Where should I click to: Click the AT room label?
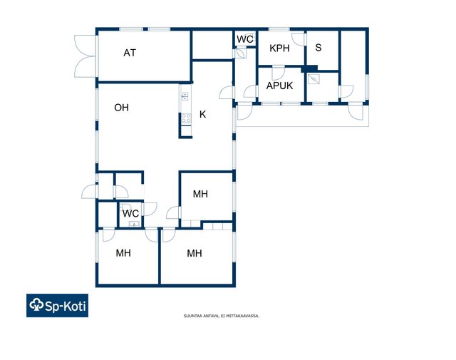click(x=130, y=53)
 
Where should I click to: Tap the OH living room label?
click(x=122, y=108)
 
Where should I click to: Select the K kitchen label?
click(x=202, y=114)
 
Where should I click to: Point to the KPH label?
click(x=279, y=48)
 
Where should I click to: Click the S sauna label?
click(x=318, y=48)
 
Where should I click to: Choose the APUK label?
click(x=279, y=86)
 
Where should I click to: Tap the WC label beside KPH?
click(x=245, y=39)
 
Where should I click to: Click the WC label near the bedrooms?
click(x=130, y=214)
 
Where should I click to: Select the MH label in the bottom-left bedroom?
click(x=123, y=253)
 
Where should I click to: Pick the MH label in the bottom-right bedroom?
click(x=195, y=253)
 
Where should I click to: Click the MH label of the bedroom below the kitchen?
click(x=200, y=194)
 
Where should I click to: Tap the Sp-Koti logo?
click(x=57, y=305)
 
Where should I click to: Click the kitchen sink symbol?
click(x=185, y=96)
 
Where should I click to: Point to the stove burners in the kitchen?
click(x=187, y=118)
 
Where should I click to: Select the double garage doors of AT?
click(x=85, y=56)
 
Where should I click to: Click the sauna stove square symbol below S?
click(x=314, y=79)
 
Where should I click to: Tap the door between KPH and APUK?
click(x=278, y=73)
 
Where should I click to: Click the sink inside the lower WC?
click(x=134, y=224)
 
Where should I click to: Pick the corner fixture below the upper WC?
click(x=241, y=53)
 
